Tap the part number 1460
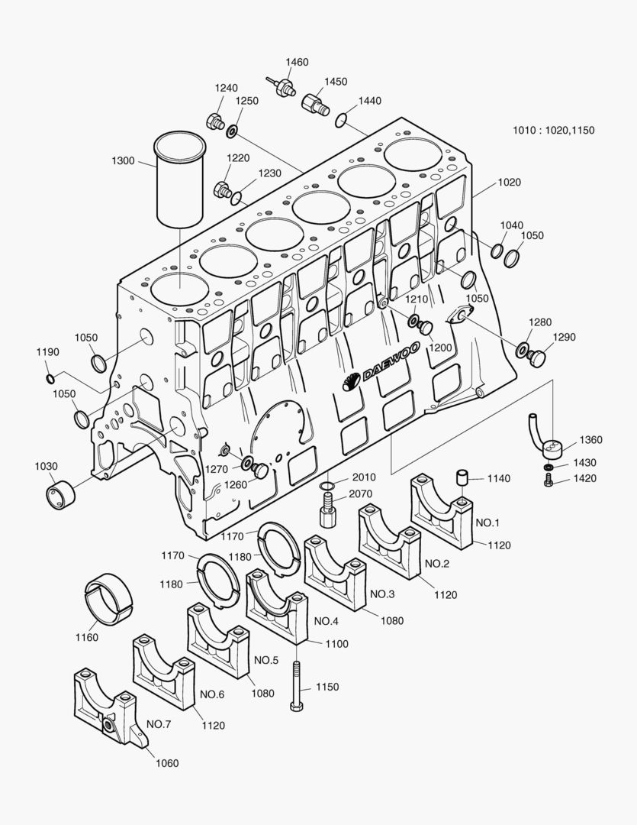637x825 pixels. (297, 62)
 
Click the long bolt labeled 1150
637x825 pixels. (297, 684)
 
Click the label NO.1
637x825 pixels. (487, 523)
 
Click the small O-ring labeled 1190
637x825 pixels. (50, 378)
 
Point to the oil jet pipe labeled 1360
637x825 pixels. (547, 437)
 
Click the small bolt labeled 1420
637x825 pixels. (548, 480)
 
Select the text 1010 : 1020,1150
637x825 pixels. (553, 130)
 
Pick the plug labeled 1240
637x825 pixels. (214, 119)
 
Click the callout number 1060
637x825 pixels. (167, 763)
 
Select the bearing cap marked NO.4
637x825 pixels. (279, 603)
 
